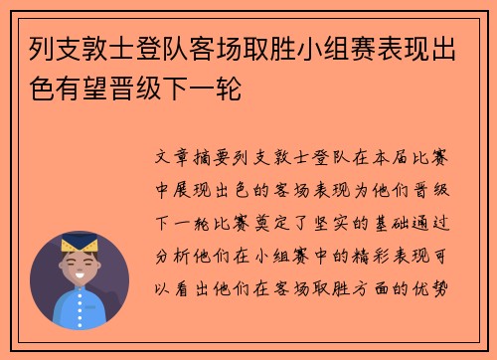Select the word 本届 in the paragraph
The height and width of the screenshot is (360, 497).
pos(404,157)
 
